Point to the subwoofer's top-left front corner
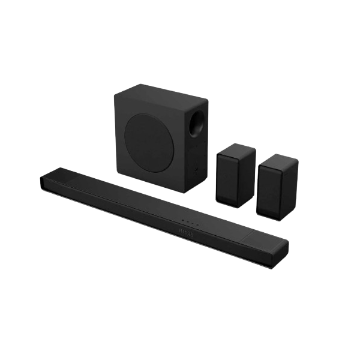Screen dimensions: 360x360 [116, 96]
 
